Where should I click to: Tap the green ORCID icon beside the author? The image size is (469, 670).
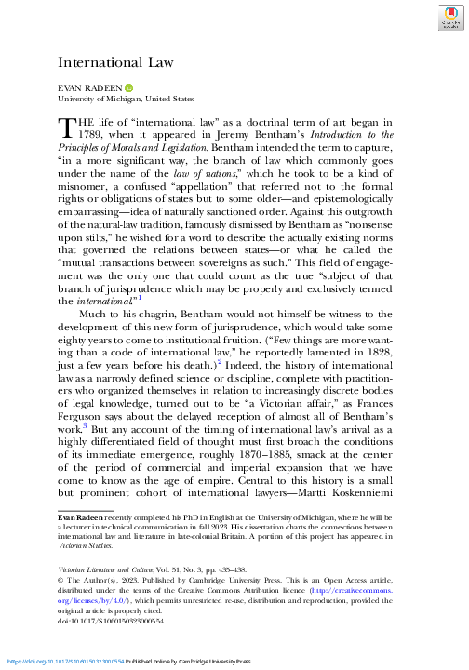(128, 87)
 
